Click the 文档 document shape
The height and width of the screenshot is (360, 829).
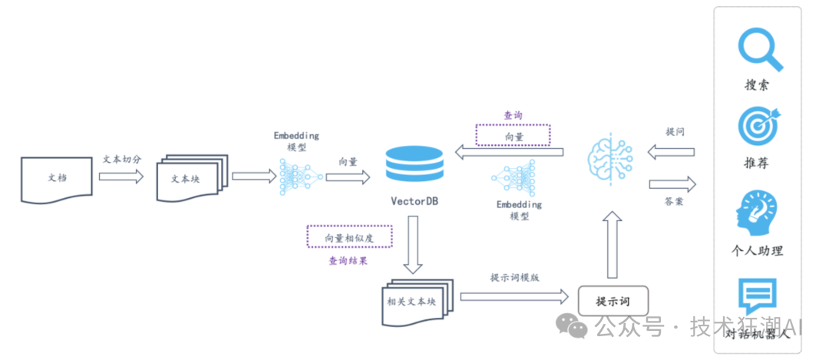(x=57, y=179)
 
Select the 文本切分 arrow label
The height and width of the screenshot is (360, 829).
(x=121, y=159)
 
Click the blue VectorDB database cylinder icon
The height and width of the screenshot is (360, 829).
(x=414, y=163)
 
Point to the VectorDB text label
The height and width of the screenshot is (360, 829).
(x=414, y=201)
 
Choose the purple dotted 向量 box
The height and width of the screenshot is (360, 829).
(x=513, y=135)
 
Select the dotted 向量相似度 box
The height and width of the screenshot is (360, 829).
(x=349, y=237)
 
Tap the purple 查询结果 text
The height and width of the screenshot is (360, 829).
(x=348, y=260)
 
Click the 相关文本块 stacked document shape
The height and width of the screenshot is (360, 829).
(x=418, y=302)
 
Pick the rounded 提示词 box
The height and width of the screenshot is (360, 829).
(x=613, y=302)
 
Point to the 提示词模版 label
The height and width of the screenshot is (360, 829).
(x=514, y=278)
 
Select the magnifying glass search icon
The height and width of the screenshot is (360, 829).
(x=760, y=49)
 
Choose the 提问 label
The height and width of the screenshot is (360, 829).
(x=675, y=131)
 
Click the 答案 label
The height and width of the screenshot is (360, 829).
(x=674, y=201)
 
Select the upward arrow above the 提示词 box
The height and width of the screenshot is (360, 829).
(x=613, y=244)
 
